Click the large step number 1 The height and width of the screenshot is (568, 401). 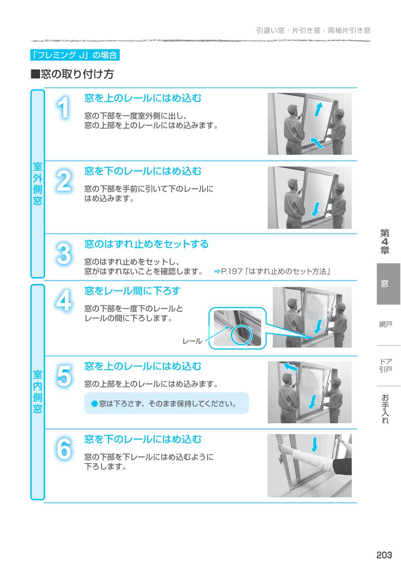[63, 108]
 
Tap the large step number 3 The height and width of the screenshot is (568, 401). [63, 254]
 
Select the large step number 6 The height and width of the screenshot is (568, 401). [63, 449]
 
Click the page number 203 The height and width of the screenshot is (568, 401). [384, 555]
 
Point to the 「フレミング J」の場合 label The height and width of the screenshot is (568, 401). [75, 55]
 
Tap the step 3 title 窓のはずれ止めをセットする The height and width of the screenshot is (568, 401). [146, 244]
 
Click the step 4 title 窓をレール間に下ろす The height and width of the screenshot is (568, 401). [132, 291]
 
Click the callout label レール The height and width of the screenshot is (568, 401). [192, 341]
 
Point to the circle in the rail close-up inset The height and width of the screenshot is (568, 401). [242, 333]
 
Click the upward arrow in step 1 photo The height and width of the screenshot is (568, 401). [319, 110]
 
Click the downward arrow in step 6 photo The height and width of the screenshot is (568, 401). [315, 444]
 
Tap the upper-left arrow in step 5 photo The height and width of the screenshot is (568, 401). [290, 367]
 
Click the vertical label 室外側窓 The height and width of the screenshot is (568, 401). [38, 184]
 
